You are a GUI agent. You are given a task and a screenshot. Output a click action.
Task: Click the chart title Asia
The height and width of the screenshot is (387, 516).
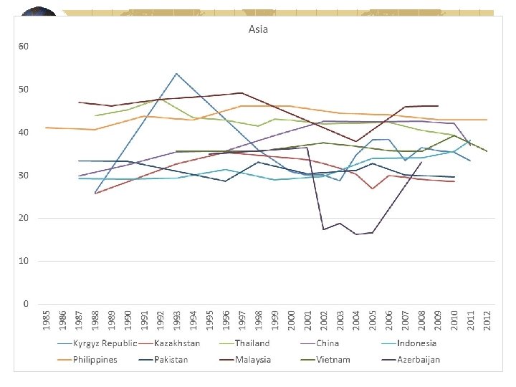258,29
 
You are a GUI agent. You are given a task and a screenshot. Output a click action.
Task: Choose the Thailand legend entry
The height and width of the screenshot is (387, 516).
252,343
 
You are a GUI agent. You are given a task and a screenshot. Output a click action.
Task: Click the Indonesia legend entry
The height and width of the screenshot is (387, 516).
416,343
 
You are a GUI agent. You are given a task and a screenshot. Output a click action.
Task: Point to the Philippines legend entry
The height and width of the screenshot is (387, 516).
95,359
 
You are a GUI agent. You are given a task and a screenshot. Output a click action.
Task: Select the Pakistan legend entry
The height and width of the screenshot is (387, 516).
171,359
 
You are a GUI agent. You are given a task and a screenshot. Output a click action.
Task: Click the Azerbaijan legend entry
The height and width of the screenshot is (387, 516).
419,359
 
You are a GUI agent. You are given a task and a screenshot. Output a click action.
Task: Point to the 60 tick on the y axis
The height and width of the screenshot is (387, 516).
24,47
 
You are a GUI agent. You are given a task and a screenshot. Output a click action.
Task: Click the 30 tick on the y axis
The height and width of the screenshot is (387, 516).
24,176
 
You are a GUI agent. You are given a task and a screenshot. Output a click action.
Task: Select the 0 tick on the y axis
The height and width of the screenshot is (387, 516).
26,304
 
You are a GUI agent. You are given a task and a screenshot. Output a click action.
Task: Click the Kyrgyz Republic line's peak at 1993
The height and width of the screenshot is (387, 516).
176,73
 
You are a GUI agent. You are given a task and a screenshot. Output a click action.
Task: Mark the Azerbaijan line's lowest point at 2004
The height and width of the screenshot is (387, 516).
356,234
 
